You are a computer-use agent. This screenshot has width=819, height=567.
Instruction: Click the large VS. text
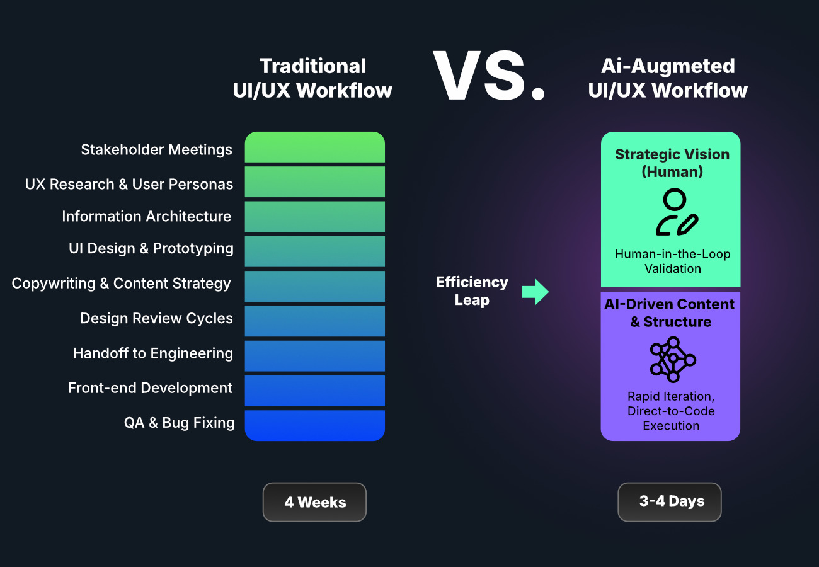(488, 77)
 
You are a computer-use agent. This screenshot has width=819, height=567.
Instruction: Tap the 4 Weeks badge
(314, 502)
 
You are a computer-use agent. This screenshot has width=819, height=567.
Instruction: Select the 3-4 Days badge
(670, 501)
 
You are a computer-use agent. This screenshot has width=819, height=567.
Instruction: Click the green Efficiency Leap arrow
(535, 292)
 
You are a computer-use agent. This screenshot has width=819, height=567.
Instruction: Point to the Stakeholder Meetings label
(156, 150)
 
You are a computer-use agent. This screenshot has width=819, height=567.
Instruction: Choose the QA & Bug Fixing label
(179, 423)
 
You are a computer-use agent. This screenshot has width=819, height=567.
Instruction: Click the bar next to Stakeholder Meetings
(314, 147)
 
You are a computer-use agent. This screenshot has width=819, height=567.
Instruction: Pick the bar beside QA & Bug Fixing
(314, 425)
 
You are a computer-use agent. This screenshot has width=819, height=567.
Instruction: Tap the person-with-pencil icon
(675, 213)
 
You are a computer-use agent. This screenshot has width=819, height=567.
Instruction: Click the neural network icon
(672, 360)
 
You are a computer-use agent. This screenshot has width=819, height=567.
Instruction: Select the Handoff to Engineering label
(152, 353)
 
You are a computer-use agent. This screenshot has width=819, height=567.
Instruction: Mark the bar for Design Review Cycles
(314, 321)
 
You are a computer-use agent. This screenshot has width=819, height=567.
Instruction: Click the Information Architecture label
(146, 216)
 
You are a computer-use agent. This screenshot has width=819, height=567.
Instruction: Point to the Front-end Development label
(150, 388)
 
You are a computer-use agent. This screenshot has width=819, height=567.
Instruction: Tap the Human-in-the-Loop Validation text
(672, 261)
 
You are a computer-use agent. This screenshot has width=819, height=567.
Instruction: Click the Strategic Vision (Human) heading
(672, 163)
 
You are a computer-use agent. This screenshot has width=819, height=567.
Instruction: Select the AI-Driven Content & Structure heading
(670, 312)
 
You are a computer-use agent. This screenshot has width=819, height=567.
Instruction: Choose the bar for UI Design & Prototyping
(314, 251)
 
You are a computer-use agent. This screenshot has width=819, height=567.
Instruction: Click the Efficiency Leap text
(472, 291)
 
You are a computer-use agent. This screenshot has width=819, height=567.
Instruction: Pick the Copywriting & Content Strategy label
(121, 283)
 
